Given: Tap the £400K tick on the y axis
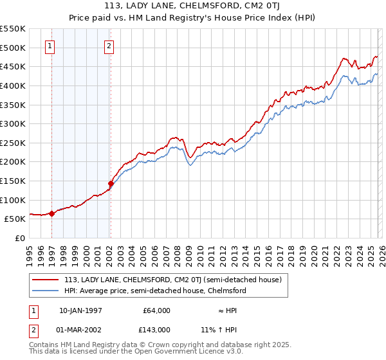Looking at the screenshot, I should click(14, 85).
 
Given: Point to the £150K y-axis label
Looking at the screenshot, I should click(14, 181).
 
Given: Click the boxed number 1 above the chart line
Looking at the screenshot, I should click(50, 46).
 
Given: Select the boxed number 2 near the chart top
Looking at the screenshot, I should click(109, 46).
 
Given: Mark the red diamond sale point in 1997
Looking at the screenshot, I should click(52, 213).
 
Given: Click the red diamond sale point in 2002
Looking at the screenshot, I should click(111, 183).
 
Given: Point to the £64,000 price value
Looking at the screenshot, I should click(156, 310).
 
